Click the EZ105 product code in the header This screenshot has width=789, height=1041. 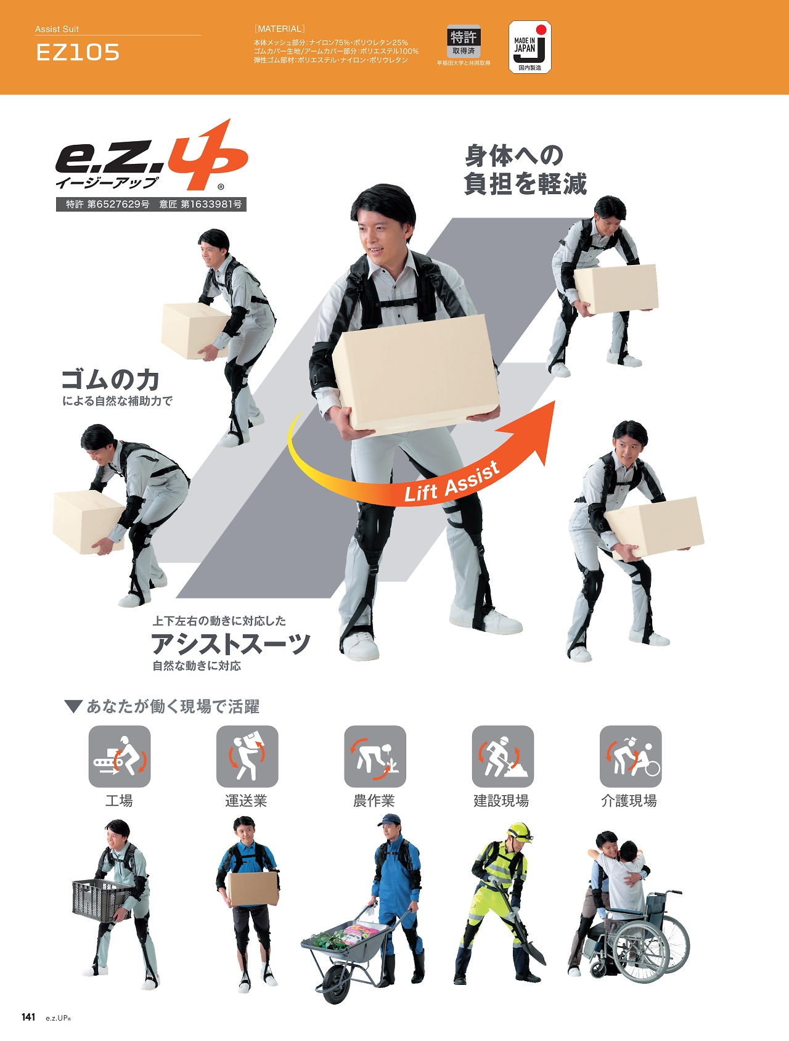tap(78, 52)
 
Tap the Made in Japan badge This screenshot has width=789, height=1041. tap(529, 47)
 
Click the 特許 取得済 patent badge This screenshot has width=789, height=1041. tap(464, 42)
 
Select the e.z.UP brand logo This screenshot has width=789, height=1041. tap(152, 156)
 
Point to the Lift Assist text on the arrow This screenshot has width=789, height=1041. tap(452, 482)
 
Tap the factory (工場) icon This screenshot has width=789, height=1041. tap(120, 756)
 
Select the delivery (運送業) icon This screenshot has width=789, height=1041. tap(247, 756)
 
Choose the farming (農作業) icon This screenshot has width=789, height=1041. tap(375, 756)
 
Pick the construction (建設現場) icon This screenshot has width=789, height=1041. tap(503, 756)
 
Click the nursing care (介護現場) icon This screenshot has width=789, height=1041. tap(631, 756)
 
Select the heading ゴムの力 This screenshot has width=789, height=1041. tap(111, 380)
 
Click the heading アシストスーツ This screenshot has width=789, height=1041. tap(231, 644)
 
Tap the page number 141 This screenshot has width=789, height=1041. tap(28, 1017)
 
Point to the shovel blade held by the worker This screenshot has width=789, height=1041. tap(535, 946)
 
